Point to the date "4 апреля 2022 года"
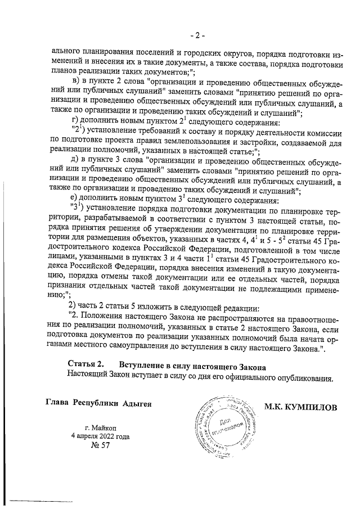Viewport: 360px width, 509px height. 100,436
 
